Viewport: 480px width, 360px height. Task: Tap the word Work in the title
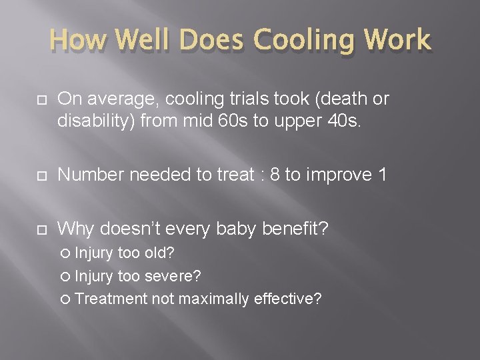pos(398,41)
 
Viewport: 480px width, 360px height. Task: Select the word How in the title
pos(78,41)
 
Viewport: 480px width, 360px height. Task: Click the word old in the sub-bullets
pos(157,254)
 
